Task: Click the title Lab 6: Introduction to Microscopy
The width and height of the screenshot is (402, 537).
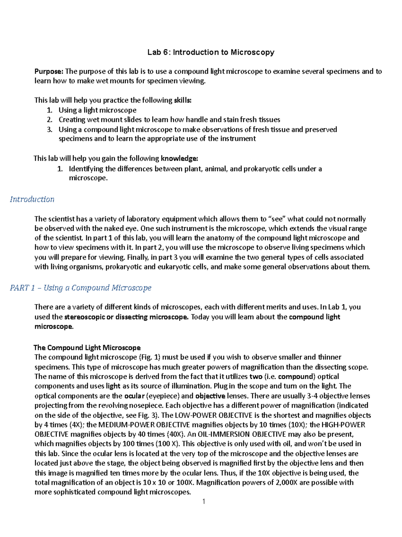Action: pyautogui.click(x=211, y=52)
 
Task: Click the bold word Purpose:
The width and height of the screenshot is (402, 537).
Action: pyautogui.click(x=49, y=71)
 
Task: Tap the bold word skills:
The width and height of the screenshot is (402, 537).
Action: pyautogui.click(x=183, y=100)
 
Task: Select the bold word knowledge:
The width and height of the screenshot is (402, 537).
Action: pyautogui.click(x=179, y=158)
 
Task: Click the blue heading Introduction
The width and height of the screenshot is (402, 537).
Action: pyautogui.click(x=32, y=199)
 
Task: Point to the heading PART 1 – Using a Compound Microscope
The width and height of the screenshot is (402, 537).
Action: pyautogui.click(x=80, y=288)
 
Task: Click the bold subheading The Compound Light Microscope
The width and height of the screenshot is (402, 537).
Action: pyautogui.click(x=87, y=348)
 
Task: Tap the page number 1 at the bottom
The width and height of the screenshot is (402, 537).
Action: pyautogui.click(x=204, y=501)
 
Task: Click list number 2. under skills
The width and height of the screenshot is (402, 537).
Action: pyautogui.click(x=50, y=120)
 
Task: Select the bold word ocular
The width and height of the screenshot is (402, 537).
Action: pyautogui.click(x=134, y=396)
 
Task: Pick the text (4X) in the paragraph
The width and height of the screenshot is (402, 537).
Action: pyautogui.click(x=77, y=425)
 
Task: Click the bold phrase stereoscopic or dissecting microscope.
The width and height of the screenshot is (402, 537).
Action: pyautogui.click(x=126, y=317)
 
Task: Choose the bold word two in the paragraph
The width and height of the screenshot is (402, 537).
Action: pyautogui.click(x=256, y=377)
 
